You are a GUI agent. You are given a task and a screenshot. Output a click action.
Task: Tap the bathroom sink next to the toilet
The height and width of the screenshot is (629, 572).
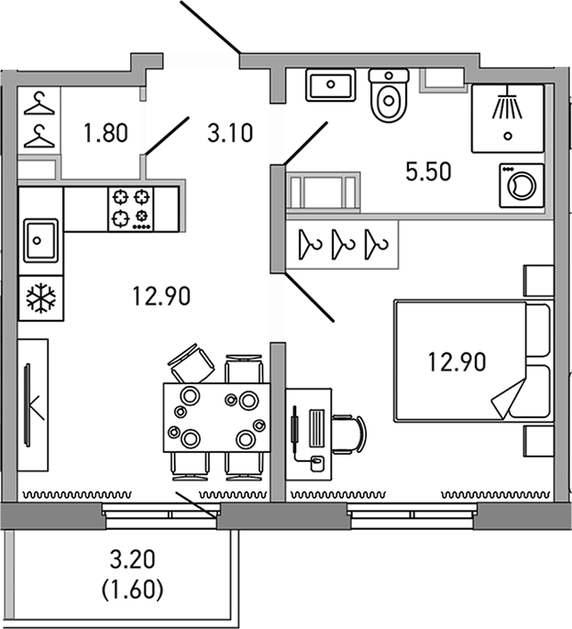(328, 87)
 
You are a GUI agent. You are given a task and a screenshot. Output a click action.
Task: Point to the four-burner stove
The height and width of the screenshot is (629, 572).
(130, 207)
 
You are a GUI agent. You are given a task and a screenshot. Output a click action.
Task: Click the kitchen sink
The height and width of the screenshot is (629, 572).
(39, 240)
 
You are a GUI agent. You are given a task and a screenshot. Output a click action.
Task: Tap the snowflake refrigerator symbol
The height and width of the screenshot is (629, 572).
(39, 298)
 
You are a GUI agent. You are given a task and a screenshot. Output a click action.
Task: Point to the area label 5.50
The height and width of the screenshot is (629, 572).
(429, 171)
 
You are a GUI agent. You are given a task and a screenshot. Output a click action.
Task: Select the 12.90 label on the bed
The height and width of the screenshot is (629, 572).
(456, 360)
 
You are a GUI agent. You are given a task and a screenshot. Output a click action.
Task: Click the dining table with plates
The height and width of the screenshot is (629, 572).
(215, 416)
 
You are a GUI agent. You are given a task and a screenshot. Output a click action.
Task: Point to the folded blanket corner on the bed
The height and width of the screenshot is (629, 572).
(512, 397)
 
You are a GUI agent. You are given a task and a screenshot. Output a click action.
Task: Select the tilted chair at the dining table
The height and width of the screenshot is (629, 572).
(192, 364)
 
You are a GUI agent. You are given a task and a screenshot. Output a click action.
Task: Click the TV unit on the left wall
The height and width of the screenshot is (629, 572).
(33, 404)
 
